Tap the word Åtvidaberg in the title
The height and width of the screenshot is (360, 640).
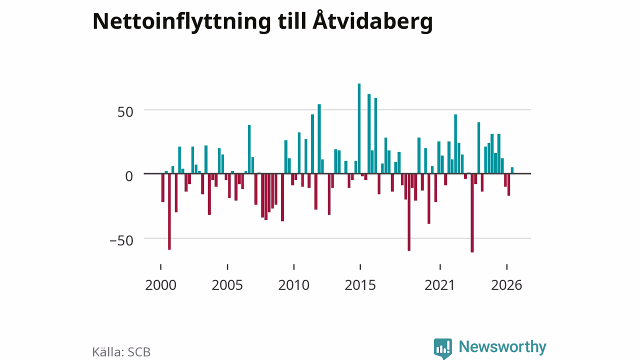click(372, 20)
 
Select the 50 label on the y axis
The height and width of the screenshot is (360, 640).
click(125, 112)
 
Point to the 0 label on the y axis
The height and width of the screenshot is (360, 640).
click(129, 176)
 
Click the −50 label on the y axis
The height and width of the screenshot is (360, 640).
click(121, 240)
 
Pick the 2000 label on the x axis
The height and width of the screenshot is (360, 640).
click(160, 285)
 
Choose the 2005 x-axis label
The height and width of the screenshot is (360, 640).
click(227, 285)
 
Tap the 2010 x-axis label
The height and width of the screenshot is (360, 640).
click(293, 285)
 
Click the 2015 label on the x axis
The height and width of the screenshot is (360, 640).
click(360, 285)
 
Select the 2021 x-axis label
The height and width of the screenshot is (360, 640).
click(439, 285)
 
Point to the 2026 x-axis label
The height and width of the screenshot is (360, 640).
click(506, 285)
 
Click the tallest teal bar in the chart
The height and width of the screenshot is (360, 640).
click(359, 128)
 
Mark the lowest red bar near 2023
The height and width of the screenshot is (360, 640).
click(472, 213)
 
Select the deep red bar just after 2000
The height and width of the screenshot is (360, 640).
click(169, 211)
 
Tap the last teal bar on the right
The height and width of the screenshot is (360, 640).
click(512, 170)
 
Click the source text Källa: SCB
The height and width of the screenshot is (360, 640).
click(121, 352)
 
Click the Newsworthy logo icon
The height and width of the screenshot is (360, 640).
click(443, 348)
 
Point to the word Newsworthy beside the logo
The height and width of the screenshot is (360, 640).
click(502, 347)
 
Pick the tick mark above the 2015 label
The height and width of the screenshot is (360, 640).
click(360, 267)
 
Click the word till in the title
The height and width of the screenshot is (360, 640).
click(291, 21)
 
